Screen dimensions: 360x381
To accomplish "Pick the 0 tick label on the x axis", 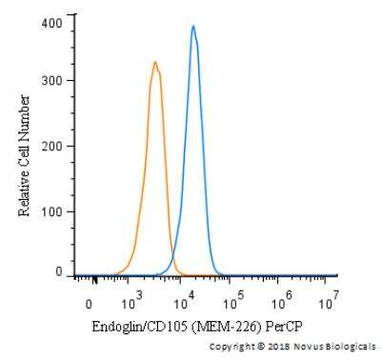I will tap(89, 304).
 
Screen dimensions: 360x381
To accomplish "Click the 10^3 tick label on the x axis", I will tap(131, 304).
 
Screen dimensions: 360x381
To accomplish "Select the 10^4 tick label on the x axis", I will tap(181, 304).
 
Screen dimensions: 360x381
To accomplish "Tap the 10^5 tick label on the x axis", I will tap(231, 304).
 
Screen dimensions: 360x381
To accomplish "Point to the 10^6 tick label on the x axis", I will tap(281, 304).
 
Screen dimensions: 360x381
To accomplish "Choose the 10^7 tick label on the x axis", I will tap(329, 304).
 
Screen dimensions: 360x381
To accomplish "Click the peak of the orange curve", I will tap(155, 63).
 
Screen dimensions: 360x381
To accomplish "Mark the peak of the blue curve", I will tap(192, 26).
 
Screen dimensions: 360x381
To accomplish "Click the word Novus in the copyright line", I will tap(307, 346).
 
